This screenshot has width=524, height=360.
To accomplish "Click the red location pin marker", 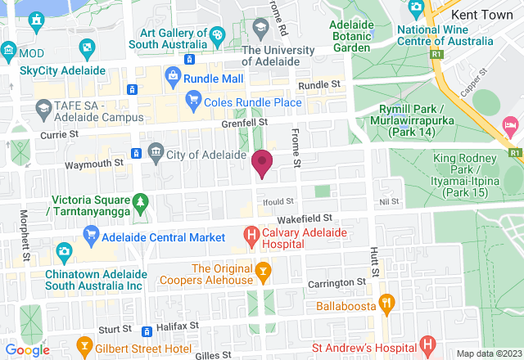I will (x=262, y=162).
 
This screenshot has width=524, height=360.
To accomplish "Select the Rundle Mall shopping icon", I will (x=173, y=79).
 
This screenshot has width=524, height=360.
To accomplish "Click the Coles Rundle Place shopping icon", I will (x=193, y=102).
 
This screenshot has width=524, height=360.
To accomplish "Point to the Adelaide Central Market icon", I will (x=91, y=238).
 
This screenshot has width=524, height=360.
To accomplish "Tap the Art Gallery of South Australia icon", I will (x=217, y=35).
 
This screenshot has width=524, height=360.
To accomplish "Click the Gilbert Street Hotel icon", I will (x=83, y=344).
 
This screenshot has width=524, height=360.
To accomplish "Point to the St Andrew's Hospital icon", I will (x=425, y=344).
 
